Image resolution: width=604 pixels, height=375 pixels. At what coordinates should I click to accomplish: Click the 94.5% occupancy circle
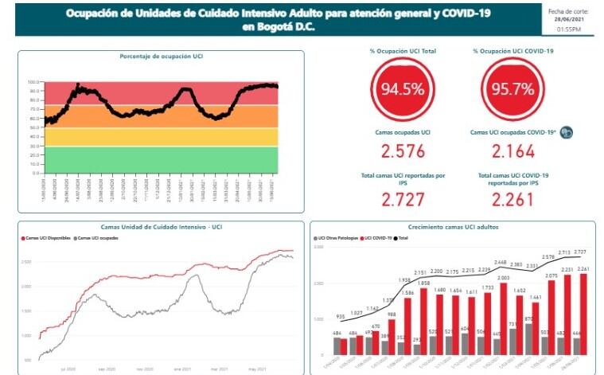[x=403, y=89]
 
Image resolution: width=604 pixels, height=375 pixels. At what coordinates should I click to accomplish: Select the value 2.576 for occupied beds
[x=403, y=151]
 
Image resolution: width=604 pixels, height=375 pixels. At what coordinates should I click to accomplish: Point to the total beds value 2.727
[x=403, y=199]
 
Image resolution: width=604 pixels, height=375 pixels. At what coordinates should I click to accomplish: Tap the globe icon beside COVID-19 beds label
[x=567, y=132]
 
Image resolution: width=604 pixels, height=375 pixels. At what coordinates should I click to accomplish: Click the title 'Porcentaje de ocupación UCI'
[x=162, y=57]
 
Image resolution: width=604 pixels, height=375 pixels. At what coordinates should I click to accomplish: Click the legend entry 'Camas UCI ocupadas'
[x=99, y=237]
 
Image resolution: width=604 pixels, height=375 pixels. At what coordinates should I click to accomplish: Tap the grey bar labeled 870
[x=528, y=338]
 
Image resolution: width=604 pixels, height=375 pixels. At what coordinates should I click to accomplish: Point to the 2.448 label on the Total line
[x=501, y=262]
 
